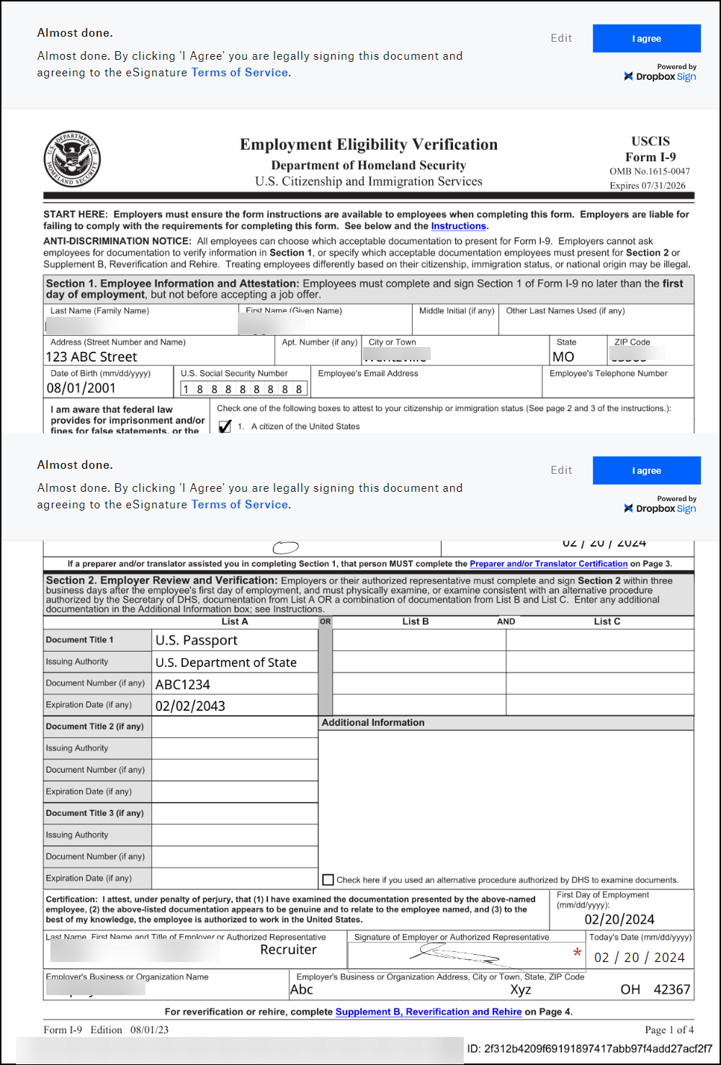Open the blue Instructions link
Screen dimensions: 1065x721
click(x=458, y=226)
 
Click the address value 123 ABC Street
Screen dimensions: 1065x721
click(x=91, y=356)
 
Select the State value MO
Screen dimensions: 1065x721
click(x=563, y=356)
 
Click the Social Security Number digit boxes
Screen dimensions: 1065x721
click(x=243, y=389)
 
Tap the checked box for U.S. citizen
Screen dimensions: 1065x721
click(x=225, y=426)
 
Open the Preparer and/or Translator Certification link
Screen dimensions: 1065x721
click(x=548, y=564)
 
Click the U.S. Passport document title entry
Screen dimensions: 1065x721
click(x=196, y=640)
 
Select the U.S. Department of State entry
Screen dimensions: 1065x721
click(x=225, y=662)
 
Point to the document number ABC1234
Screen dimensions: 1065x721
click(x=183, y=684)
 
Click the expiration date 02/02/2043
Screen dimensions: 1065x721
click(x=190, y=706)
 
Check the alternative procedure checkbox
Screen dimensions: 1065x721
click(x=328, y=879)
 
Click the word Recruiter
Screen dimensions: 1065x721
click(x=288, y=950)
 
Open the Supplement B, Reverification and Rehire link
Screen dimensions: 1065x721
click(x=429, y=1012)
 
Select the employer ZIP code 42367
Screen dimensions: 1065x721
click(x=671, y=989)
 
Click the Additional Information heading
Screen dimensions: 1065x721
click(x=373, y=722)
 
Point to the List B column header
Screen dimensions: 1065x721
click(x=416, y=621)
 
